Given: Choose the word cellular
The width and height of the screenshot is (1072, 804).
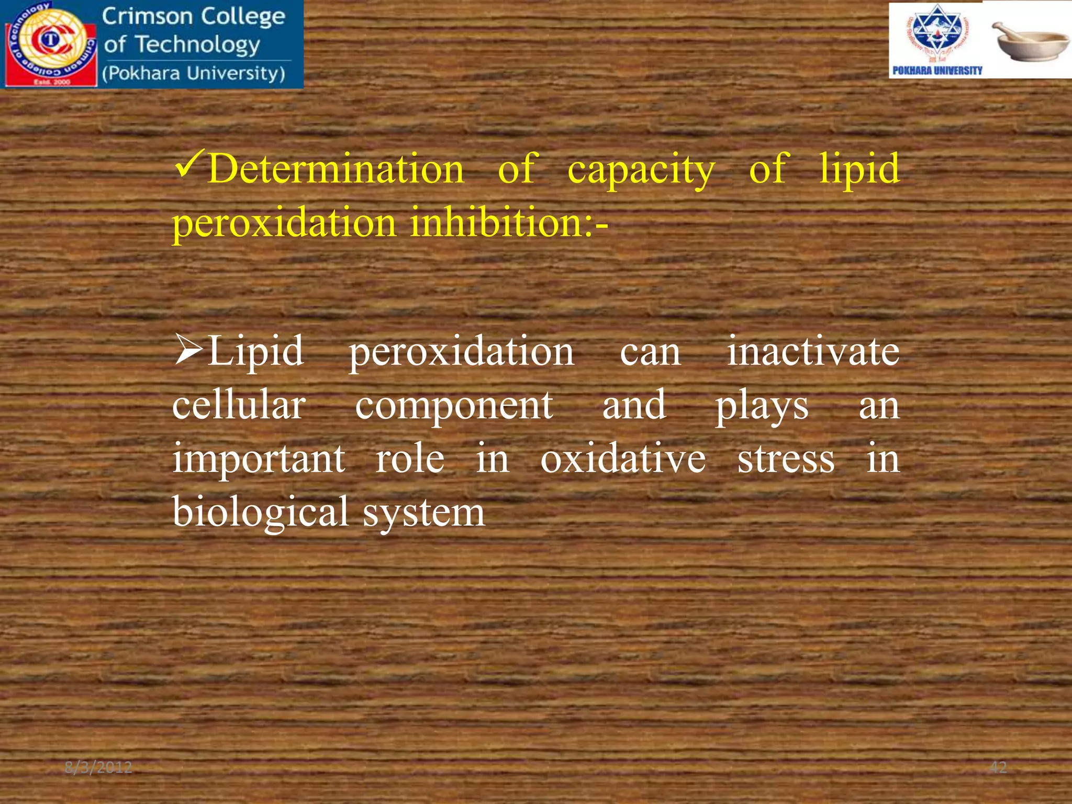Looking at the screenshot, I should pyautogui.click(x=239, y=405).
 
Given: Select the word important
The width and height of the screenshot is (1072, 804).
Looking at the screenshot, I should pyautogui.click(x=259, y=460).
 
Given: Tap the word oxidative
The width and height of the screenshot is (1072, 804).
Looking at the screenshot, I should pyautogui.click(x=623, y=459).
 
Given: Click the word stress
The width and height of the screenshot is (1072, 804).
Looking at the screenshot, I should pyautogui.click(x=785, y=460).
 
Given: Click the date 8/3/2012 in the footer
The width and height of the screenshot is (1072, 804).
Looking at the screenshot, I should pyautogui.click(x=98, y=768).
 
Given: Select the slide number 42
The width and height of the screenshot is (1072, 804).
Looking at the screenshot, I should pyautogui.click(x=998, y=767).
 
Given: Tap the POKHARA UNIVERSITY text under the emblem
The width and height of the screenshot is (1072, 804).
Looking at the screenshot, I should pyautogui.click(x=937, y=71).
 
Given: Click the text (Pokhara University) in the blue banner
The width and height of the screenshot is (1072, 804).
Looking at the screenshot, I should pyautogui.click(x=194, y=73).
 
